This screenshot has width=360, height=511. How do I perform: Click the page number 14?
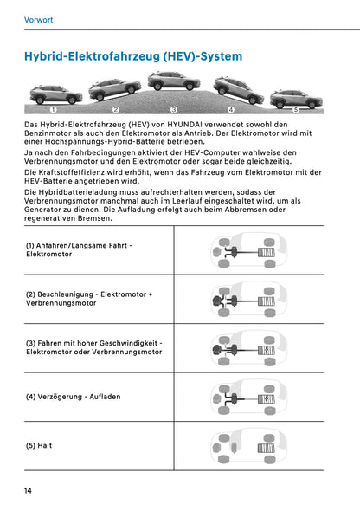[x=29, y=491]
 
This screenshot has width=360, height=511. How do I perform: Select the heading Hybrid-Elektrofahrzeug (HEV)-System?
[x=133, y=56]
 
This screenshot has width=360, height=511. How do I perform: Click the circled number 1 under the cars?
[x=54, y=111]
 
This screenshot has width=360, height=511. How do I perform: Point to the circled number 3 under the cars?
[x=174, y=111]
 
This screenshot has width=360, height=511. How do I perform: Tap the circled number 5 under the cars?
[x=296, y=111]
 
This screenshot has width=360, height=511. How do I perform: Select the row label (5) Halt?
[x=39, y=445]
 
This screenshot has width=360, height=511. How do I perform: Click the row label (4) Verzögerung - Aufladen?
[x=73, y=396]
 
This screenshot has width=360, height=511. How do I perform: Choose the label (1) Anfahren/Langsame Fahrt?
[x=79, y=249]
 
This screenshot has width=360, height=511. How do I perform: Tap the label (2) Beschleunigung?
[x=89, y=299]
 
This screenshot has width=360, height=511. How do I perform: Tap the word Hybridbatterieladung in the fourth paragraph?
[x=76, y=191]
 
